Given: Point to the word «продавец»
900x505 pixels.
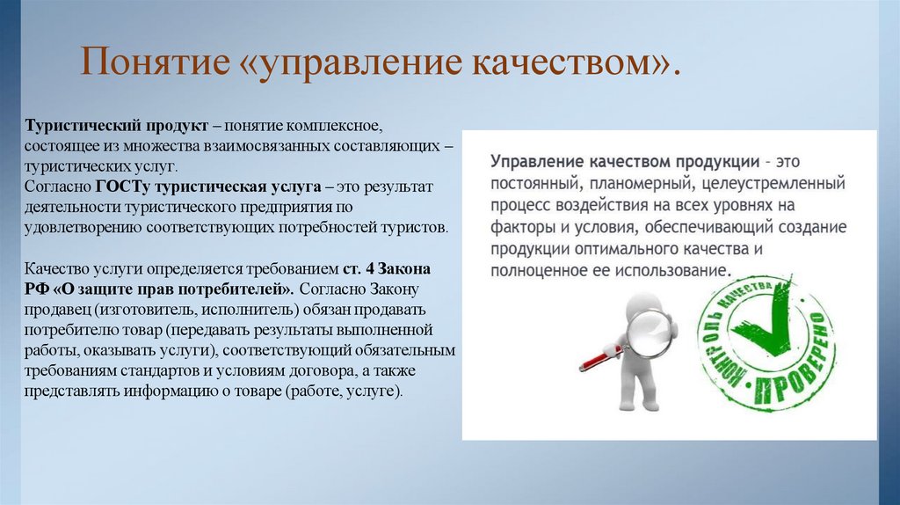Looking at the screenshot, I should click(58, 309).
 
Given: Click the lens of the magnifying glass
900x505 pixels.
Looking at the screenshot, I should click(652, 325).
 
